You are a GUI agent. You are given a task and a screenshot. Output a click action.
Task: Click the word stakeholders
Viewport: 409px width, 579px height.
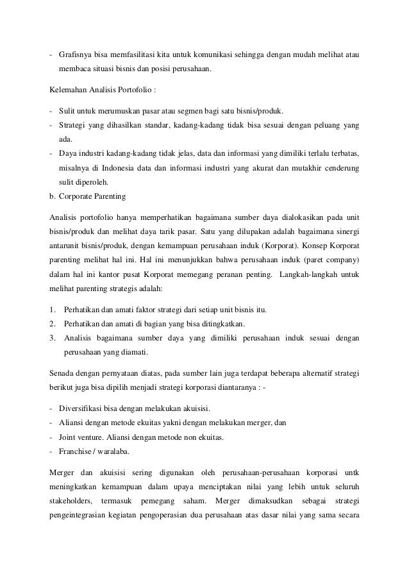71,500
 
